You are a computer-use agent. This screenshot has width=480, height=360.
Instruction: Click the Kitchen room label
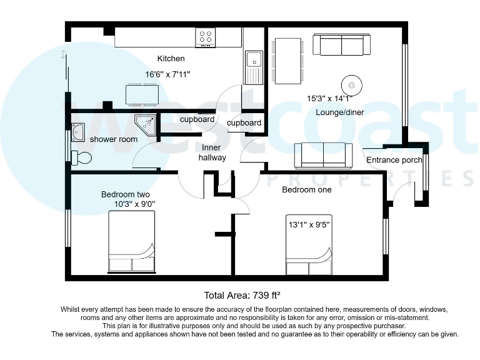(x=171, y=59)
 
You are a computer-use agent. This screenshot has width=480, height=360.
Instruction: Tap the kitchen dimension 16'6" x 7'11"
(x=167, y=74)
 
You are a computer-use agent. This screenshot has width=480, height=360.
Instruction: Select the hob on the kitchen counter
(x=205, y=37)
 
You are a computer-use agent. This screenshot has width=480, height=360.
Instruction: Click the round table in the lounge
(x=351, y=84)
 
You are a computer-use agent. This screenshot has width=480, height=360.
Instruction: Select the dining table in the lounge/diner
(x=288, y=61)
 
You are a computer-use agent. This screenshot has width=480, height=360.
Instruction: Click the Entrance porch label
(x=394, y=160)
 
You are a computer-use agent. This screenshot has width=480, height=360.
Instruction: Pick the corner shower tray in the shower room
(x=146, y=124)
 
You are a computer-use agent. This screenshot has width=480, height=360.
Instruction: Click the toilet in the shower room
(x=81, y=157)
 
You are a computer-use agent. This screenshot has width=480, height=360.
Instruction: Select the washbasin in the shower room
(x=78, y=132)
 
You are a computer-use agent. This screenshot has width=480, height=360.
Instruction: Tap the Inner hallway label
(x=212, y=153)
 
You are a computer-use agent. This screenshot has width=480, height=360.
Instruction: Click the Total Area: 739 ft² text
(x=246, y=295)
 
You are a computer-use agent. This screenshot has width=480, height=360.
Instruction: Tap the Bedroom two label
(x=126, y=194)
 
